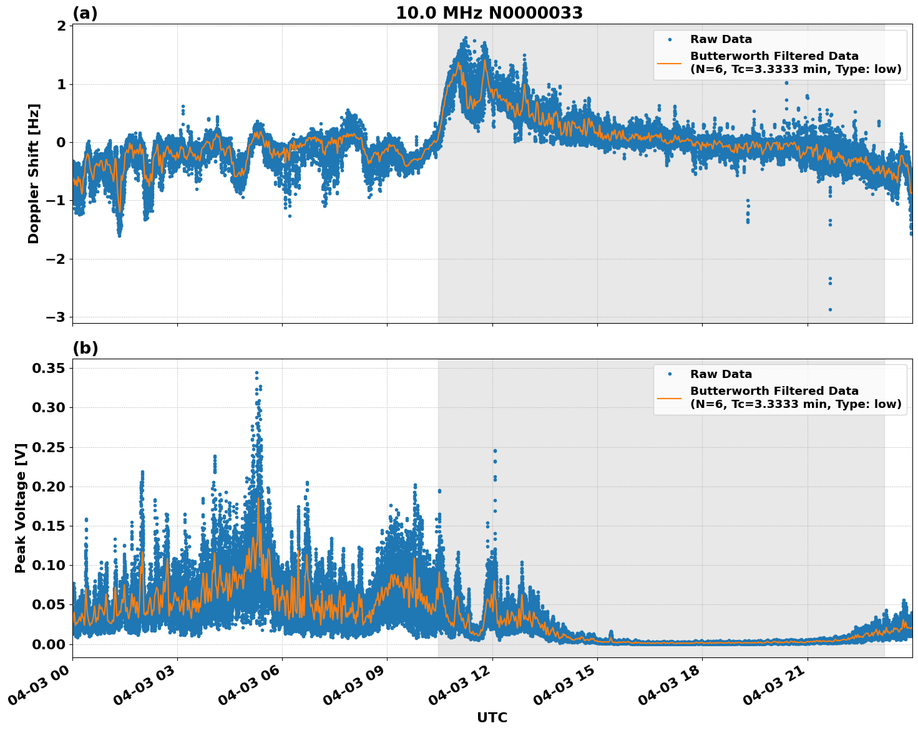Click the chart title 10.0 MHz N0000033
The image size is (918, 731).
click(489, 13)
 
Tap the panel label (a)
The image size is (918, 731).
click(85, 13)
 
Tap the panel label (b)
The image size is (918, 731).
click(85, 348)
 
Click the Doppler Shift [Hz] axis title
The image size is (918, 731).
click(34, 173)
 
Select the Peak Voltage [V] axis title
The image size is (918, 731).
click(21, 508)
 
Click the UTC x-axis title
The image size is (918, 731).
click(492, 717)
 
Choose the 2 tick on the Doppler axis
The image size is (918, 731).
click(61, 26)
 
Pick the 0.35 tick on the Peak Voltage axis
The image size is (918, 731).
click(48, 369)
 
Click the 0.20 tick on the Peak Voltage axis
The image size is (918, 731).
click(48, 487)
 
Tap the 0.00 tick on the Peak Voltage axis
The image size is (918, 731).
click(48, 644)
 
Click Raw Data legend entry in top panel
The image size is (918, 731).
click(721, 39)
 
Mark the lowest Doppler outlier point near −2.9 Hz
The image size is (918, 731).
click(830, 309)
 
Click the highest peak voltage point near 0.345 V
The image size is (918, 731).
click(256, 372)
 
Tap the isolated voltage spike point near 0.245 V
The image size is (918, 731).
click(495, 450)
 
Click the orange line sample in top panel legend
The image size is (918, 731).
click(669, 62)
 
